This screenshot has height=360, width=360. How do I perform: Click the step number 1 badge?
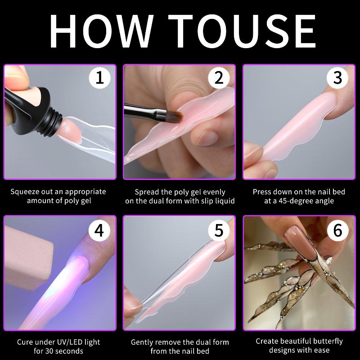tap(99, 77)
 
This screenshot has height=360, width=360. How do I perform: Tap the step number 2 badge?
tap(219, 77)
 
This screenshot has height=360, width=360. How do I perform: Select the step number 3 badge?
tap(337, 77)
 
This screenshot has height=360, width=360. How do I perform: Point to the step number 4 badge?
tap(99, 230)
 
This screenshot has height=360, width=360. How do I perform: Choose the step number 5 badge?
tap(219, 230)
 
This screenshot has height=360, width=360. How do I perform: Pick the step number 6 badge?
tap(337, 230)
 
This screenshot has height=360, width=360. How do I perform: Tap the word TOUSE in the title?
tap(242, 31)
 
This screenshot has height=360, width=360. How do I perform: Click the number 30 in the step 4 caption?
tap(49, 351)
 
